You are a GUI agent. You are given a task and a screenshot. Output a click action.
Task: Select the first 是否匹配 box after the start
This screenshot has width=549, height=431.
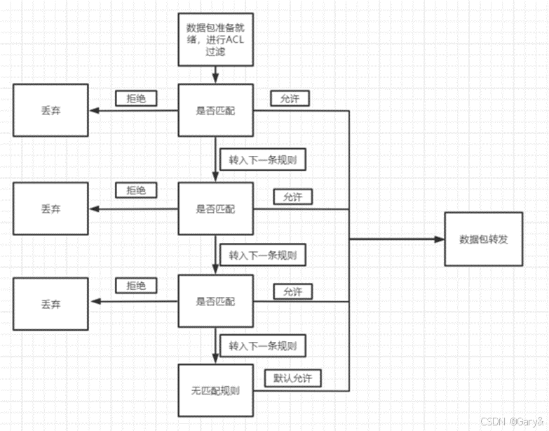pos(215,110)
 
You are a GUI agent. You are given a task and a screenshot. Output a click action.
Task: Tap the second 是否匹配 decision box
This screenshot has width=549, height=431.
pos(215,208)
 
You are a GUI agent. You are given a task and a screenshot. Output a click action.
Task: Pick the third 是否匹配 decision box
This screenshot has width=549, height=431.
pos(215,301)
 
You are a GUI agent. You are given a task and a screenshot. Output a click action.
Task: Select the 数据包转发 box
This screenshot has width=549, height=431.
pos(484,239)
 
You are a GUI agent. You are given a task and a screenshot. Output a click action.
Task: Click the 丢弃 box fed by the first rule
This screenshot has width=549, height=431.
pos(50,110)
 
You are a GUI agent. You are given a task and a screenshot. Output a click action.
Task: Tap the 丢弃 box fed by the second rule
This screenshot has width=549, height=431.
pos(50,208)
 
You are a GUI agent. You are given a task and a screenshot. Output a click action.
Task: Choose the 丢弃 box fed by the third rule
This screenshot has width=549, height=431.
pos(50,303)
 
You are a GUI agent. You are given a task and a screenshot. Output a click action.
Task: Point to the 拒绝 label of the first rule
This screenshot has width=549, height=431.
pos(136,99)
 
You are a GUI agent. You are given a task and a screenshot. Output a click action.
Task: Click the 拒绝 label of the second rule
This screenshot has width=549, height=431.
pos(136,190)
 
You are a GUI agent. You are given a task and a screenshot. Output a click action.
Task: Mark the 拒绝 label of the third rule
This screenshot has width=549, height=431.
pos(136,286)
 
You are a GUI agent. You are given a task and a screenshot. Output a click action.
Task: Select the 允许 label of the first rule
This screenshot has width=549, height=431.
pos(290,99)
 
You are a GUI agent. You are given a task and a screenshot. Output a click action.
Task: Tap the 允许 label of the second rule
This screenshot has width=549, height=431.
pos(293,197)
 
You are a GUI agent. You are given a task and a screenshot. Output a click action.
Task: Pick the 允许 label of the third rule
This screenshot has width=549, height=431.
pos(293,291)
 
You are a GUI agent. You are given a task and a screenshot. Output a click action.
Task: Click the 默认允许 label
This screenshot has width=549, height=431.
pos(292,378)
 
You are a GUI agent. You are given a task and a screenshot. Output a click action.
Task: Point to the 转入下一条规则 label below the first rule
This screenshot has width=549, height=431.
pos(262,159)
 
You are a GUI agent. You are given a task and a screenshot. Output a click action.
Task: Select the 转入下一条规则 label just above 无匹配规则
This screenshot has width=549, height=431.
pos(262,346)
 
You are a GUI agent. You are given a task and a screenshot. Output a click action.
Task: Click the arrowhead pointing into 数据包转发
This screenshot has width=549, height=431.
pos(440,239)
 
